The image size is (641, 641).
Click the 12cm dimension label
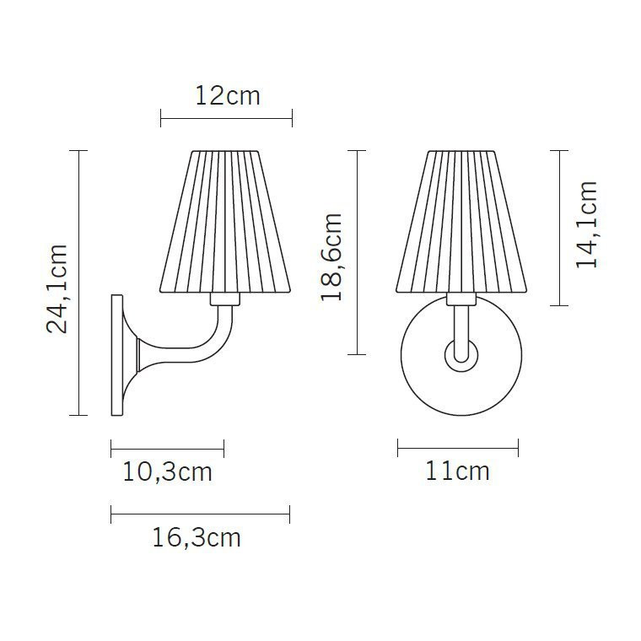[x=227, y=96]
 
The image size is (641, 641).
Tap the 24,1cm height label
[x=57, y=288]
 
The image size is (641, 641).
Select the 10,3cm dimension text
[x=167, y=471]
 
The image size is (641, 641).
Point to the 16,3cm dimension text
[x=197, y=537]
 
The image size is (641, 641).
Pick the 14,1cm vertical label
[x=586, y=224]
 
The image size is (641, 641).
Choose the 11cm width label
[x=457, y=471]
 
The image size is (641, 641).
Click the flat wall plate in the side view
[x=117, y=354]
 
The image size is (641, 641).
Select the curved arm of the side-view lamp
[x=202, y=346]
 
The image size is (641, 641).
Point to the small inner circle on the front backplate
[x=461, y=354]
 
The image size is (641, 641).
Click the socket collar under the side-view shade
[x=225, y=299]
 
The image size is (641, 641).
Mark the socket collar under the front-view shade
[x=461, y=299]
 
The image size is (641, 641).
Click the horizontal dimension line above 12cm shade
[x=226, y=119]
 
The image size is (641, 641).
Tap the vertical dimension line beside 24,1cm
[x=78, y=283]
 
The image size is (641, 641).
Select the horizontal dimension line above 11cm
[x=457, y=447]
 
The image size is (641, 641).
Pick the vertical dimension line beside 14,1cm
[x=558, y=228]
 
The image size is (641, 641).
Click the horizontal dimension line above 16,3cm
[x=200, y=514]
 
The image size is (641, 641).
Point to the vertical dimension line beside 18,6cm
[x=358, y=252]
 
